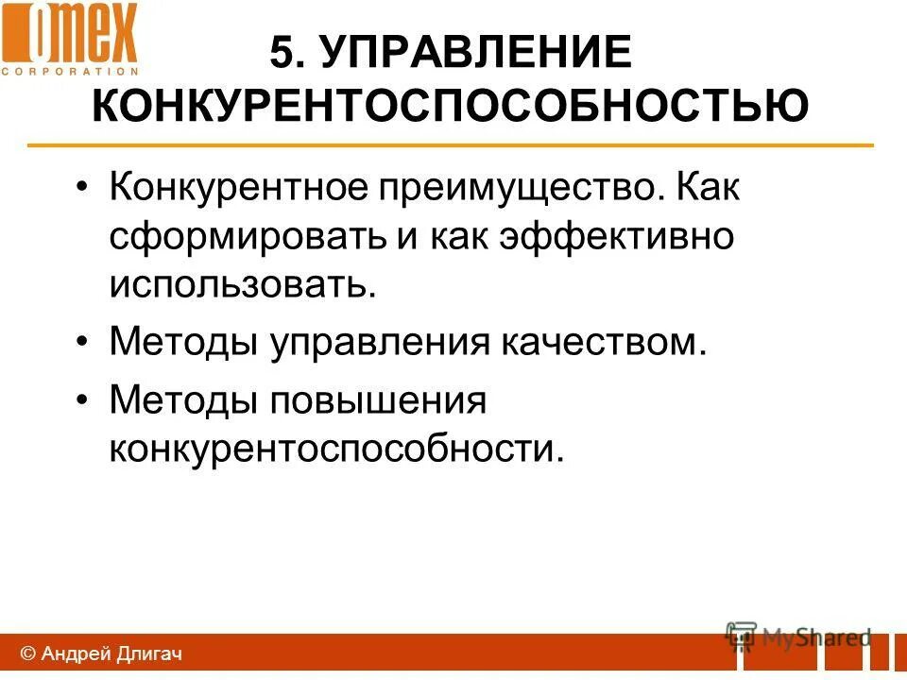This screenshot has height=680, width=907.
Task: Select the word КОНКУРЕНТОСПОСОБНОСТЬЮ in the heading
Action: coord(450,105)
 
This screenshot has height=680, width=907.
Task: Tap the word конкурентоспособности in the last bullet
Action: coord(335,449)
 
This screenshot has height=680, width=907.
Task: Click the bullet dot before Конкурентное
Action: coord(85,188)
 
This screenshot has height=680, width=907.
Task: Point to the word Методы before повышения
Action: coord(184,399)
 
